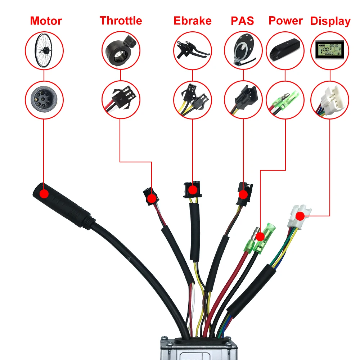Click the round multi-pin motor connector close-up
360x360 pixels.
(44, 98)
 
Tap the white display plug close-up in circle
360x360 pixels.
(329, 98)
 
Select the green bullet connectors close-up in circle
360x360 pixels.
(285, 98)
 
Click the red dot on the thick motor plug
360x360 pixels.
(44, 194)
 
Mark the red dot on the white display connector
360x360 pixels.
(299, 216)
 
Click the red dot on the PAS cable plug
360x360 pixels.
(243, 195)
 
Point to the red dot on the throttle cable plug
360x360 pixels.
(152, 198)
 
